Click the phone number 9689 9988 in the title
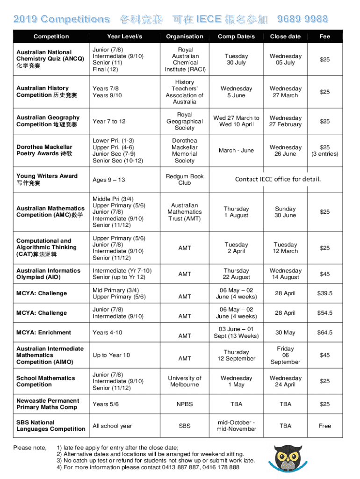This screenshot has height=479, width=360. coord(302,19)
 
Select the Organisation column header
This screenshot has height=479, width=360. coord(185,36)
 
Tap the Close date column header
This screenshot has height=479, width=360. coord(285,36)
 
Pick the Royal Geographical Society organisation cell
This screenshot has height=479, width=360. coord(185,121)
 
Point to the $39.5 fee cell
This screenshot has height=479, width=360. coord(324,293)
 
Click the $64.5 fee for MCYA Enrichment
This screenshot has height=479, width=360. coord(324,333)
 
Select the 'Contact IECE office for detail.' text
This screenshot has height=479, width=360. coord(278,179)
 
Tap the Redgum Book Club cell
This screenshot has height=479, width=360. coord(185,180)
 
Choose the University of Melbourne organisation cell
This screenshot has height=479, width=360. coord(185,381)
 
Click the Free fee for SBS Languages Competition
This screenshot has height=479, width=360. coord(324,426)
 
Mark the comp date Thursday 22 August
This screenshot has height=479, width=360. coord(236,274)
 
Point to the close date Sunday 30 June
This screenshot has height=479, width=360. coord(285,212)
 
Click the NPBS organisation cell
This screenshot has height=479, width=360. coord(185,404)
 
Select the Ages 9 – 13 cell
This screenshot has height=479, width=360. coord(109,180)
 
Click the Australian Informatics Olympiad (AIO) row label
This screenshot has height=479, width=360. coord(49,274)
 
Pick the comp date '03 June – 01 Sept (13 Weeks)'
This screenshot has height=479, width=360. coord(236,333)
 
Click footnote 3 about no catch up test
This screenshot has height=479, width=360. coord(156,460)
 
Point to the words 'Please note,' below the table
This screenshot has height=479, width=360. coord(30,448)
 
